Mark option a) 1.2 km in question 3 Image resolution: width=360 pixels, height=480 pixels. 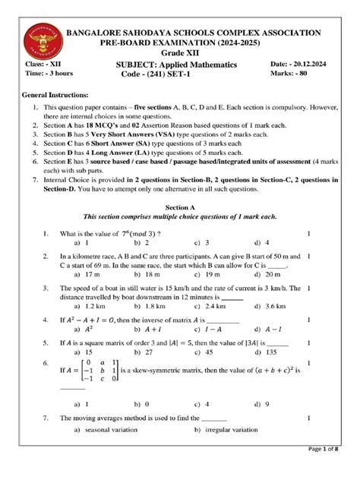(x=90, y=307)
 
